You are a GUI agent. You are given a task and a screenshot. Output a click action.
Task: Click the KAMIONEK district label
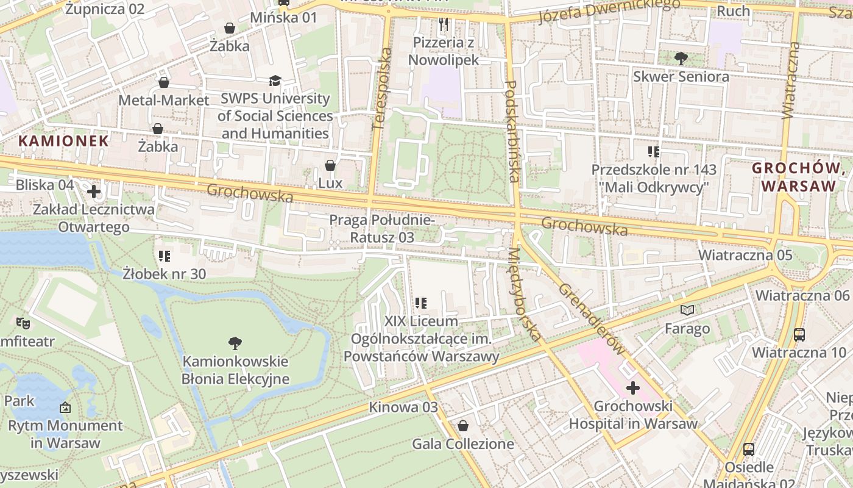(x=63, y=141)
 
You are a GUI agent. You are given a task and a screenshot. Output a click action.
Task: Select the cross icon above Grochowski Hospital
(x=633, y=387)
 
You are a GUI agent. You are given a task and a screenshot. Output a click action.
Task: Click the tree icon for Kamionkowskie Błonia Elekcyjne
(x=235, y=343)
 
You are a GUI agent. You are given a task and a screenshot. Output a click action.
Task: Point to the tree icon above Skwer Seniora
(x=681, y=59)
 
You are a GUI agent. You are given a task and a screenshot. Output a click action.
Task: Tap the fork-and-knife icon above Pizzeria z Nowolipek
(x=444, y=24)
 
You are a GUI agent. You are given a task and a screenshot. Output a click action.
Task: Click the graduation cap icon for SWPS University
(x=275, y=81)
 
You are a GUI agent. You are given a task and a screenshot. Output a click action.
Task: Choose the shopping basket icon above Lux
(x=330, y=165)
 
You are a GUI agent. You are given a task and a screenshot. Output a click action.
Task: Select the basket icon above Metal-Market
(x=164, y=82)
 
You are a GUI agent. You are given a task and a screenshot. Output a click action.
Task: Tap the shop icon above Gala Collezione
(x=463, y=426)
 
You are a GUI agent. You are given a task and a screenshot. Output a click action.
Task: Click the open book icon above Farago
(x=687, y=310)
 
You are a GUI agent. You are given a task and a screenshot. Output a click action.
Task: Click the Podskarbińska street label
(x=512, y=131)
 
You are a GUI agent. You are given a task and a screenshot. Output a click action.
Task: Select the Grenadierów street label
(x=591, y=319)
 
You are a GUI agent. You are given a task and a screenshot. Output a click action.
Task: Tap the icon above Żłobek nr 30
(x=164, y=256)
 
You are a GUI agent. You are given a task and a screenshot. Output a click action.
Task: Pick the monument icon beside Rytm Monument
(x=65, y=407)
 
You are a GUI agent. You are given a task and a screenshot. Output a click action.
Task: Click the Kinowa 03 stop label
(x=403, y=407)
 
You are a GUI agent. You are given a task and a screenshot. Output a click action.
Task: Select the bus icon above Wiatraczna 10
(x=799, y=334)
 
